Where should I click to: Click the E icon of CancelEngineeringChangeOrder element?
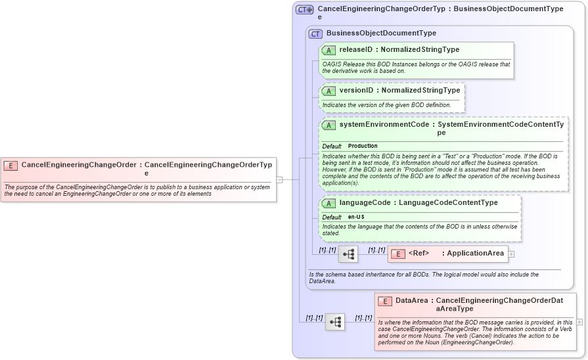[11, 166]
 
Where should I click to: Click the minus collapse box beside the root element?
[279, 179]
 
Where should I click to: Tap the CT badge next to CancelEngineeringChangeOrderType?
[304, 10]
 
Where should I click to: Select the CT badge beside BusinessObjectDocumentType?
[315, 34]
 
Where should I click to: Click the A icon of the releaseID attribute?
[328, 51]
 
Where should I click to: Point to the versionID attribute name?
[357, 90]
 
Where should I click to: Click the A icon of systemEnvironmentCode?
[328, 125]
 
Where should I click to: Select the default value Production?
[363, 146]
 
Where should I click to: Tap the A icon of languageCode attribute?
[328, 204]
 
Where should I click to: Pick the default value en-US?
[357, 217]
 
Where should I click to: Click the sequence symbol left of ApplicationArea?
[348, 254]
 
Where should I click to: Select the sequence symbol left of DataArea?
[335, 322]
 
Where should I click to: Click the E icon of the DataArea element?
[385, 302]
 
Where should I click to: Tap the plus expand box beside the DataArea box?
[579, 322]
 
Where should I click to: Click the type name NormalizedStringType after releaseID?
[420, 49]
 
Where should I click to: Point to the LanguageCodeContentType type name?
[449, 202]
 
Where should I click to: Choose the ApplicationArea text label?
[476, 253]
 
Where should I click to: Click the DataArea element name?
[412, 300]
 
